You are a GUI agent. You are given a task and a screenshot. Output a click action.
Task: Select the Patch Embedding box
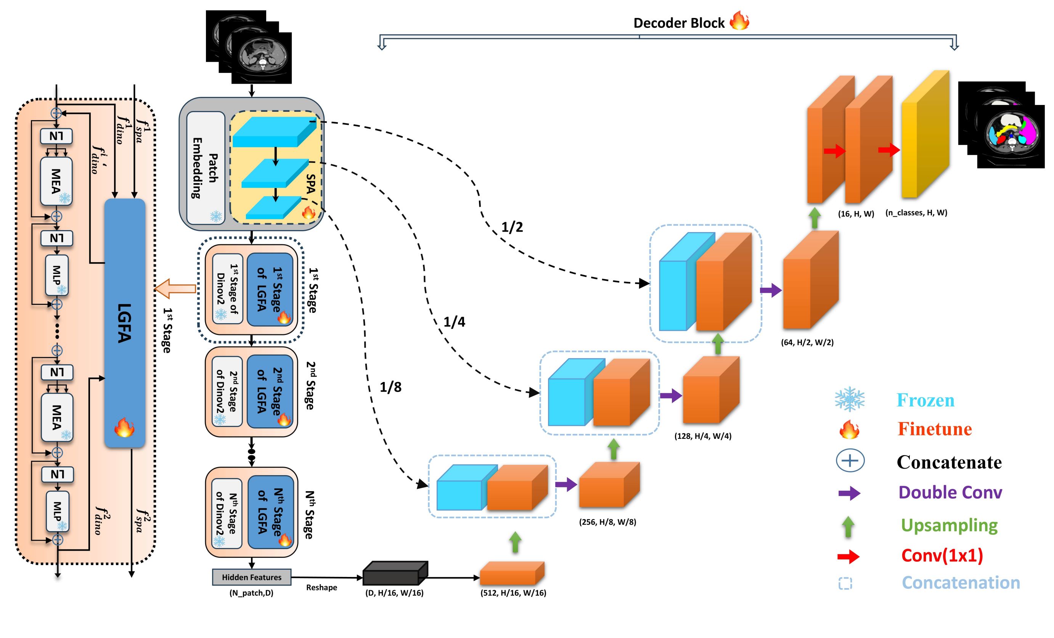pyautogui.click(x=206, y=168)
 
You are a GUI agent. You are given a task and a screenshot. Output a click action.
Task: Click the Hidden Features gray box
pyautogui.click(x=252, y=577)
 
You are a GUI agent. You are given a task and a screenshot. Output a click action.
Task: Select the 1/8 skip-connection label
pyautogui.click(x=390, y=387)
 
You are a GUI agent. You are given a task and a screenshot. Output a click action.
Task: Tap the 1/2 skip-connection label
pyautogui.click(x=512, y=227)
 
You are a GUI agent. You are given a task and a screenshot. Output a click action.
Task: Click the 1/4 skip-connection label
pyautogui.click(x=454, y=322)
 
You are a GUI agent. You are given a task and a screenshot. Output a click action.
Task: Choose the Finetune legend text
pyautogui.click(x=935, y=429)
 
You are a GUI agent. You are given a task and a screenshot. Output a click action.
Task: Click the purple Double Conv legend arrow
pyautogui.click(x=849, y=493)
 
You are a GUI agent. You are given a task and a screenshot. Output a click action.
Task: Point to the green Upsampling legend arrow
pyautogui.click(x=848, y=527)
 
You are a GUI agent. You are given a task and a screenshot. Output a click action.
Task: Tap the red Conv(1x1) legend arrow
pyautogui.click(x=848, y=556)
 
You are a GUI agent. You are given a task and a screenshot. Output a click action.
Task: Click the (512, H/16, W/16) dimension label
pyautogui.click(x=513, y=593)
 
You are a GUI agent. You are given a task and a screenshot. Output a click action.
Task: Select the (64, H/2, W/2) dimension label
pyautogui.click(x=807, y=342)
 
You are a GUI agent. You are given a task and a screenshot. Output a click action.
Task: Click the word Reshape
pyautogui.click(x=321, y=588)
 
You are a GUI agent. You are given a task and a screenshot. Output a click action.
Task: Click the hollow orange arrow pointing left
pyautogui.click(x=175, y=289)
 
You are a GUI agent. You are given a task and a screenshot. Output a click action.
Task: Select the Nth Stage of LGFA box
pyautogui.click(x=270, y=512)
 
